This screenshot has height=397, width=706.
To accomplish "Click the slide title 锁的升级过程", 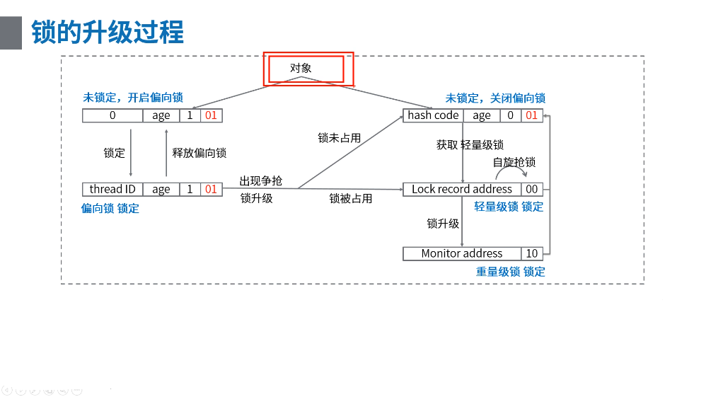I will tap(108, 33).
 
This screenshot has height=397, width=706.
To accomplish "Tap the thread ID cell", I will tap(112, 189).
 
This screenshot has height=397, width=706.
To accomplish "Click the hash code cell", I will tap(433, 115).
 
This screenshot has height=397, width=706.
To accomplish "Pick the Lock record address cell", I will tap(461, 189).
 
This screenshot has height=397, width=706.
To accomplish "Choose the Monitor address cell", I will tap(461, 253).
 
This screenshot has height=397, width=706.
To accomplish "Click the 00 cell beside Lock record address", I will tap(531, 189).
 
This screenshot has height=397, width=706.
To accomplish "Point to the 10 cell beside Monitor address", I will tap(531, 253).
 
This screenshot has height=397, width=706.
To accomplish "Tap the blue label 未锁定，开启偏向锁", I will tap(133, 98).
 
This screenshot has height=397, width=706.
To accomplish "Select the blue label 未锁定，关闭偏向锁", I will tap(495, 98).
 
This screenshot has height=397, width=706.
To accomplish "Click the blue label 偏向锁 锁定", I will tap(110, 208).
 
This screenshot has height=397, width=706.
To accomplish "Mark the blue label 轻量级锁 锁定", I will tap(509, 207).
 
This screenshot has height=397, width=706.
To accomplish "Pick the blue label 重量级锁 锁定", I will tap(510, 272).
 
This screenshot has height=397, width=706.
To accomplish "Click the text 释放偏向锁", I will tap(199, 153).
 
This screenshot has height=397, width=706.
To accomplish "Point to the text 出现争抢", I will tap(260, 181).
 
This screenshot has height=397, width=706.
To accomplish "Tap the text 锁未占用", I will tap(339, 138).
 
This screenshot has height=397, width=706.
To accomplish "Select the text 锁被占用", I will tap(350, 199).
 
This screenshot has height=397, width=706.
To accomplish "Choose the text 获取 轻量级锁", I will tap(470, 145).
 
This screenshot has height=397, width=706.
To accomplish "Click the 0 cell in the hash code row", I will tap(510, 115).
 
